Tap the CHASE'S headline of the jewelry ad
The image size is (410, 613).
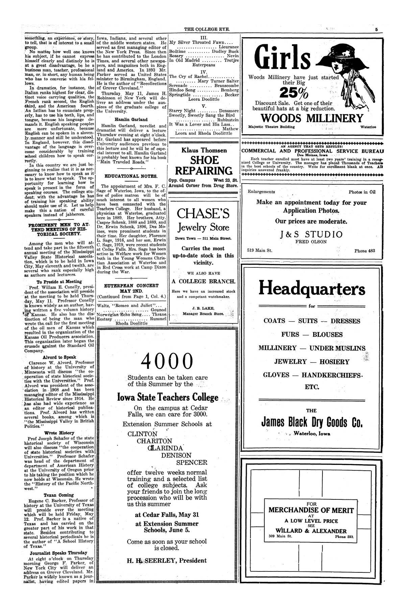coord(203,214)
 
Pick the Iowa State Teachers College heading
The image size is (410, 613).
coord(173,397)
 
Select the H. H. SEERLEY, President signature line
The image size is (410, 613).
coord(167,560)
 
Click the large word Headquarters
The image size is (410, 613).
coord(312,289)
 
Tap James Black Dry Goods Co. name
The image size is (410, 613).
coord(311,423)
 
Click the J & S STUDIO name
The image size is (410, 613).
coord(311,234)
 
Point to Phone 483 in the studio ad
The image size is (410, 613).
coord(364,251)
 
